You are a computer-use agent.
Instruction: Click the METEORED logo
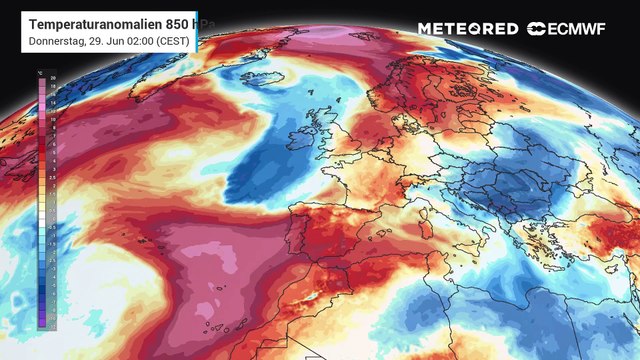[x=468, y=29]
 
